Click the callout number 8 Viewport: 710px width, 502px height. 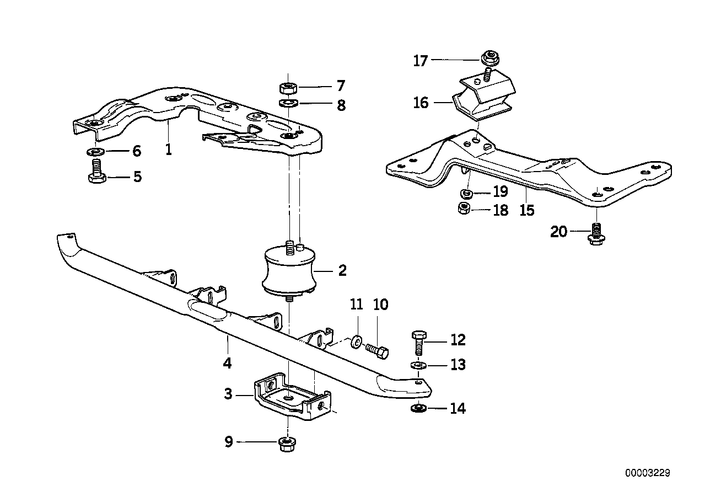click(341, 105)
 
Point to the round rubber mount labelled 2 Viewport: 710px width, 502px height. click(289, 271)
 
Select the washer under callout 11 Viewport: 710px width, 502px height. click(357, 341)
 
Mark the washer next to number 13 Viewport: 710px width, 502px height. click(417, 365)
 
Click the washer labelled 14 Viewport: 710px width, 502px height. click(417, 408)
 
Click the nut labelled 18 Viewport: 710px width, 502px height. click(465, 209)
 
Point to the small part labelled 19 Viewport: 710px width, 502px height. click(465, 193)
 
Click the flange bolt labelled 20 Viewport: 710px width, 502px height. click(595, 234)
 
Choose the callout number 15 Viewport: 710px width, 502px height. click(526, 210)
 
